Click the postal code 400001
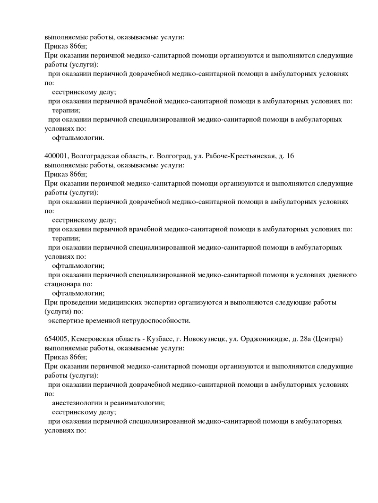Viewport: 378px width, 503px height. point(57,156)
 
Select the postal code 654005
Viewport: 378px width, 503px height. point(57,339)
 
